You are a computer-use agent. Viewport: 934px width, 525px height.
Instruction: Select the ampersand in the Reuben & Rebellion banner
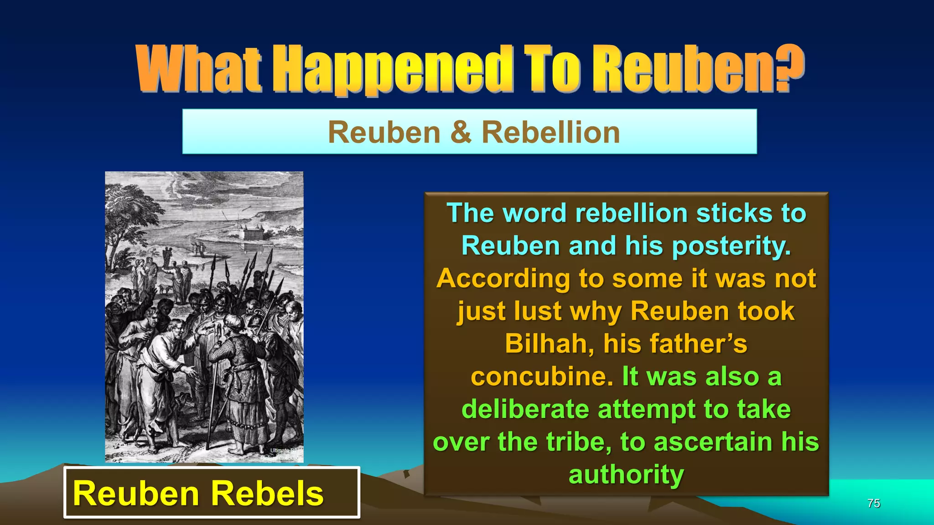[461, 132]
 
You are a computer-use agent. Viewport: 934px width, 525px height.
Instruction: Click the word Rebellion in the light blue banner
[550, 132]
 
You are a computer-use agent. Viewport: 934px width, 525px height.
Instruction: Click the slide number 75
[873, 503]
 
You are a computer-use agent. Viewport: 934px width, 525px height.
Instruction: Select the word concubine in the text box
[541, 376]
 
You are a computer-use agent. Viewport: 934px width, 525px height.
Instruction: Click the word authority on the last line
[626, 474]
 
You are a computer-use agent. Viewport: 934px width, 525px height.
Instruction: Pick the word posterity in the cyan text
[731, 246]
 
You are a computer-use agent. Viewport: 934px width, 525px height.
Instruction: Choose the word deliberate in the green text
[525, 409]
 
